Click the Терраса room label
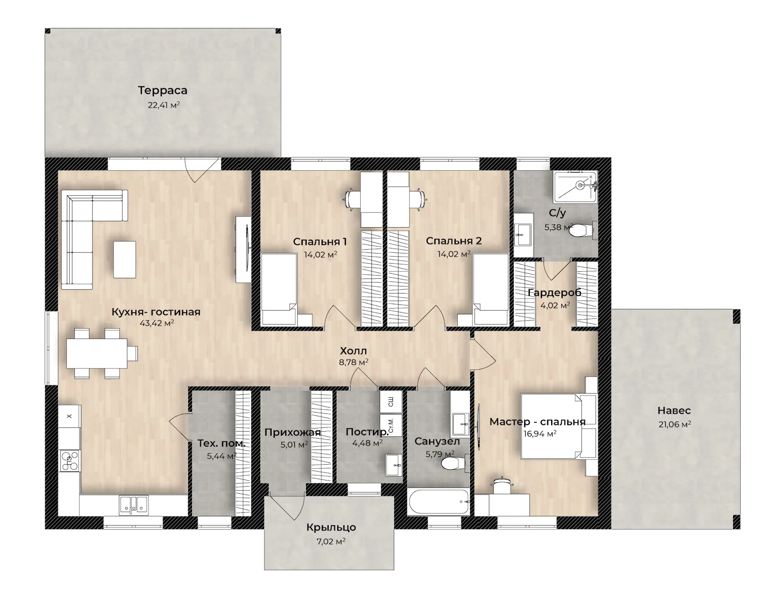click(162, 90)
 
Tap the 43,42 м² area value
click(157, 323)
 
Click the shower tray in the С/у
click(575, 187)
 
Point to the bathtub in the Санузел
click(438, 502)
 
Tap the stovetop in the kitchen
click(70, 461)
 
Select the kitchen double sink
click(134, 505)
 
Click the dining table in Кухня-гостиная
click(97, 353)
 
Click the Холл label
click(353, 351)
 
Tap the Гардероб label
click(554, 293)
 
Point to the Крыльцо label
click(331, 528)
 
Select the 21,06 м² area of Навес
click(675, 424)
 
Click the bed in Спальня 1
click(279, 289)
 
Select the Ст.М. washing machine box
click(391, 425)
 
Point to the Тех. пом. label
click(222, 443)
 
